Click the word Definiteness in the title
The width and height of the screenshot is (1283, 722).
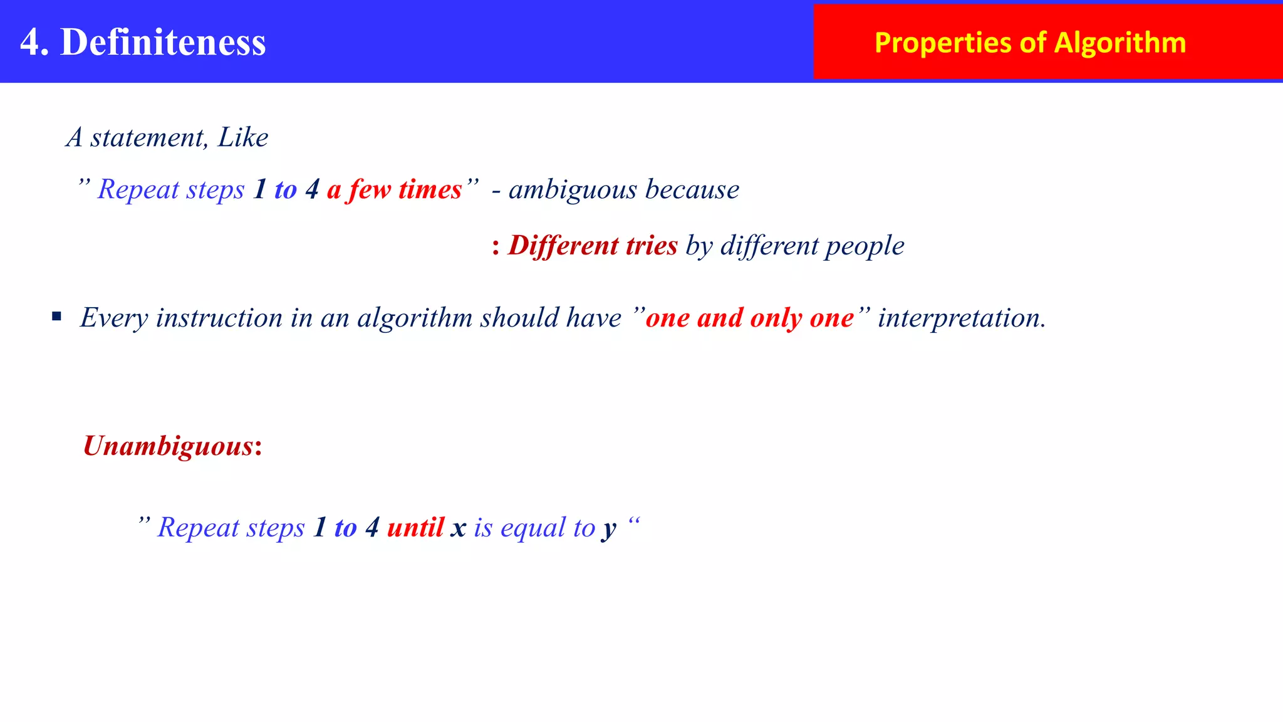click(x=163, y=43)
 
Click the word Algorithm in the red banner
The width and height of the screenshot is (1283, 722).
click(x=1119, y=43)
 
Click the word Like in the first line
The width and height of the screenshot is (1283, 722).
click(x=242, y=137)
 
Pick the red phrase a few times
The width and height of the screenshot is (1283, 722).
click(x=394, y=189)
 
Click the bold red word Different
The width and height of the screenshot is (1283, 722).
click(x=561, y=245)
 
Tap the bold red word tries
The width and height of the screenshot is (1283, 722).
click(x=652, y=245)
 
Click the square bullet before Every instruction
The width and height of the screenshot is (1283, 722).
click(x=57, y=317)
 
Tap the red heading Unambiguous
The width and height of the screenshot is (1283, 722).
click(x=168, y=446)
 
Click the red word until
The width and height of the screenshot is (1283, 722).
click(x=415, y=527)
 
